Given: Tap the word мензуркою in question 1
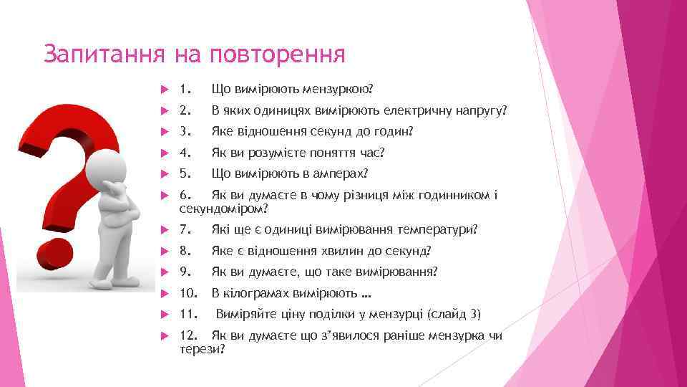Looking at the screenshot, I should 338,90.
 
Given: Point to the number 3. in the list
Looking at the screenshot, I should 186,132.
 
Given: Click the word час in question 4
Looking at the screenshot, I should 372,153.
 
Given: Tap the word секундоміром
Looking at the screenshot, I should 223,209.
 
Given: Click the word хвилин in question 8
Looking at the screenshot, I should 349,251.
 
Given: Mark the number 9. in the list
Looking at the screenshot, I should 186,272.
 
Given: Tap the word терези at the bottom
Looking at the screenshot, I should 200,349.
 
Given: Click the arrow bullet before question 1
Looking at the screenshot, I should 162,90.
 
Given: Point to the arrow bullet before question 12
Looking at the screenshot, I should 162,336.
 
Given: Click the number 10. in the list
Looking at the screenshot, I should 189,293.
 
